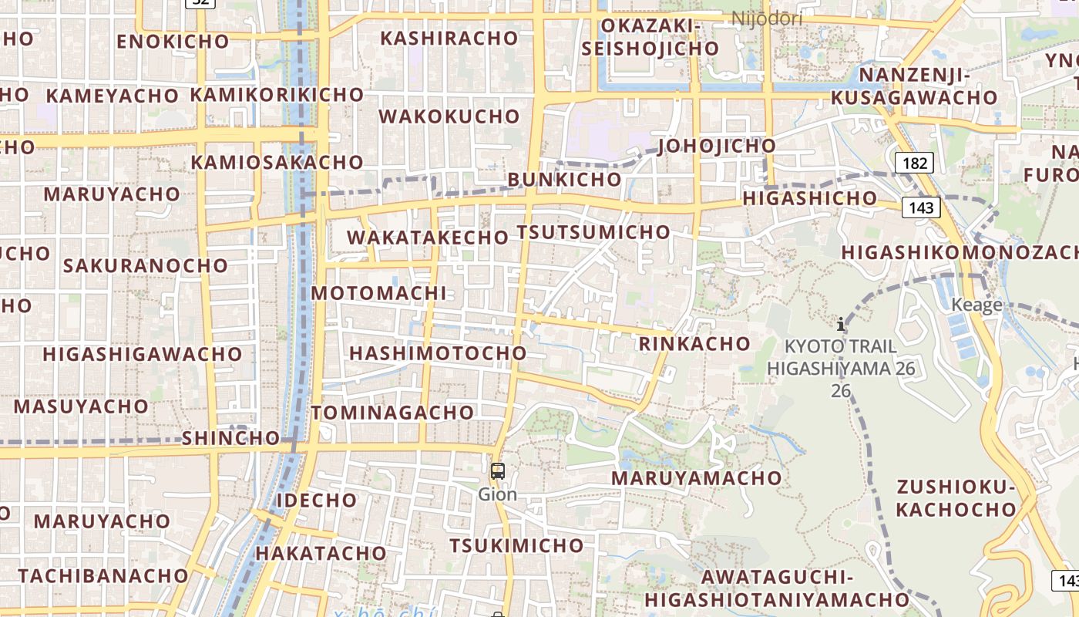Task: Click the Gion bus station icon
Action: (498, 470)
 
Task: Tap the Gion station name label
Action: (498, 494)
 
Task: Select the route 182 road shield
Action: (914, 163)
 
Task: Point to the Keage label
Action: (976, 305)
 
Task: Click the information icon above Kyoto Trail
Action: (841, 325)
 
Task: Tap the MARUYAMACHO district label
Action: (696, 478)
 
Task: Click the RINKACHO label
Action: (694, 344)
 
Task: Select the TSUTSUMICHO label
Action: (593, 232)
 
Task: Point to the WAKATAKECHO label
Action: (428, 238)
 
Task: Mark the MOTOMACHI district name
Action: (378, 293)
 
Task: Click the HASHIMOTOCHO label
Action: (438, 353)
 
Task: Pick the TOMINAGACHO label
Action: (392, 413)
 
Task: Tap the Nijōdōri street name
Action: (766, 19)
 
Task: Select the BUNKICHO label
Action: (564, 179)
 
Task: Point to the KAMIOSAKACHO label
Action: (277, 163)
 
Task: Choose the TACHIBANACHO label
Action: (103, 576)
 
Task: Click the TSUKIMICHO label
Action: (516, 546)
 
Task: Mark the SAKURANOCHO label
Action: (146, 266)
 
